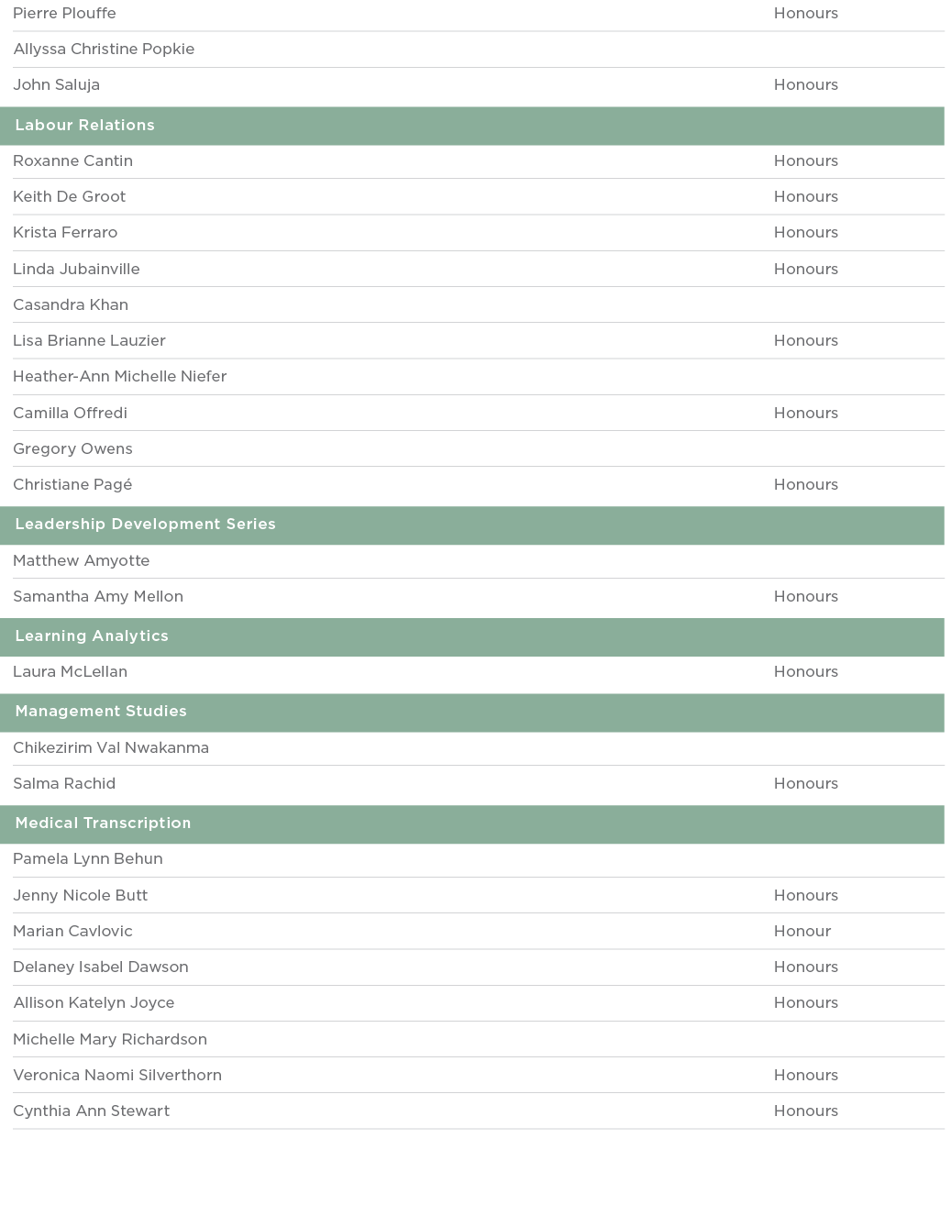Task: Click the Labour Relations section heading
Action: coord(84,126)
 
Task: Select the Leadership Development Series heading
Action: coord(145,525)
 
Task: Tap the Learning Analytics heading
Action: coord(92,636)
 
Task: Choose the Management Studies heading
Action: coord(101,712)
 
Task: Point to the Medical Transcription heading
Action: coord(103,824)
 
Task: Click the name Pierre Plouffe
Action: coord(64,14)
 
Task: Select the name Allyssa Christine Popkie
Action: coord(104,50)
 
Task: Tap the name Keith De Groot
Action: coord(70,197)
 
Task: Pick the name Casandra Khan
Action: coord(71,305)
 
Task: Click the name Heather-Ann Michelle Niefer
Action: coord(120,377)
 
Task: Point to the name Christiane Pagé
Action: coord(72,485)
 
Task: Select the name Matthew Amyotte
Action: coord(82,561)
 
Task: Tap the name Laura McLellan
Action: coord(70,672)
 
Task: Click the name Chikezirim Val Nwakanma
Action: coord(111,748)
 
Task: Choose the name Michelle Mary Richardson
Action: coord(110,1040)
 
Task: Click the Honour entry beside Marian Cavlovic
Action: coord(802,932)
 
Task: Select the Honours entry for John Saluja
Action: coord(806,85)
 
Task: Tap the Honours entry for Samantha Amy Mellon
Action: coord(806,597)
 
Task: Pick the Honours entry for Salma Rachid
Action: coord(806,784)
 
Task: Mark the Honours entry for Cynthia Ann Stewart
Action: coord(806,1111)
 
